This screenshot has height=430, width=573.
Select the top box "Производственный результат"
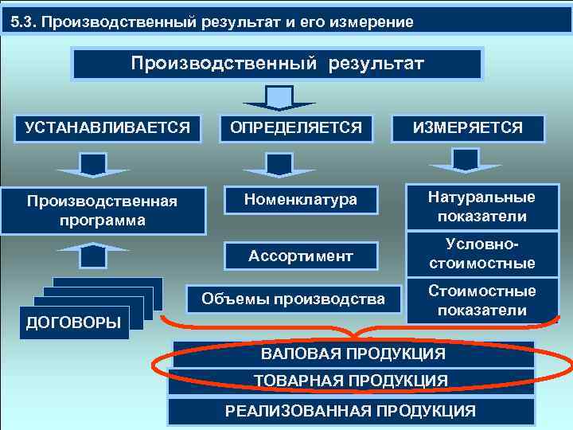277,64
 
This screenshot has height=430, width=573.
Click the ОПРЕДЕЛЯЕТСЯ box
296,127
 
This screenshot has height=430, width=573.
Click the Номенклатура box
302,200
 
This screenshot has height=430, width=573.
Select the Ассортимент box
301,256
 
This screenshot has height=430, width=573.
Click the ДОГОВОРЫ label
74,322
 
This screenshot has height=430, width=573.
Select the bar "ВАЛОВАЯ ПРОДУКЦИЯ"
353,354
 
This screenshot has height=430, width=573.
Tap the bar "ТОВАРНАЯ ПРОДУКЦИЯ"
351,381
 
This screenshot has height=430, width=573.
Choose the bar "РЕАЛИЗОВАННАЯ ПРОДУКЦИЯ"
351,411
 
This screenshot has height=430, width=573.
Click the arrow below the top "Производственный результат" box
279,98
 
